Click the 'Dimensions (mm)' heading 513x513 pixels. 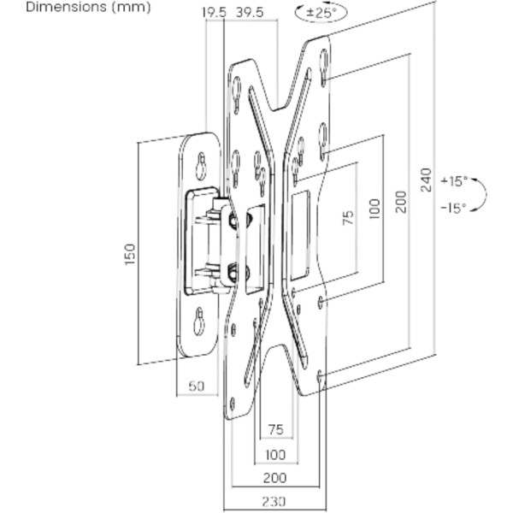tap(88, 7)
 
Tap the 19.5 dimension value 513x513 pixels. tap(214, 13)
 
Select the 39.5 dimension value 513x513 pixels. tap(250, 13)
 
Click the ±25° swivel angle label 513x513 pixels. tap(321, 13)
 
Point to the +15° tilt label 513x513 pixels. tap(454, 181)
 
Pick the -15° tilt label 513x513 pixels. tap(454, 208)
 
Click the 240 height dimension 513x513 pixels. tap(427, 180)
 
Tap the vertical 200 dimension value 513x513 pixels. tap(400, 202)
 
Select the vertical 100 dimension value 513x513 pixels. tap(374, 209)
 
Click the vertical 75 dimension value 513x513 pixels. tap(349, 217)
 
